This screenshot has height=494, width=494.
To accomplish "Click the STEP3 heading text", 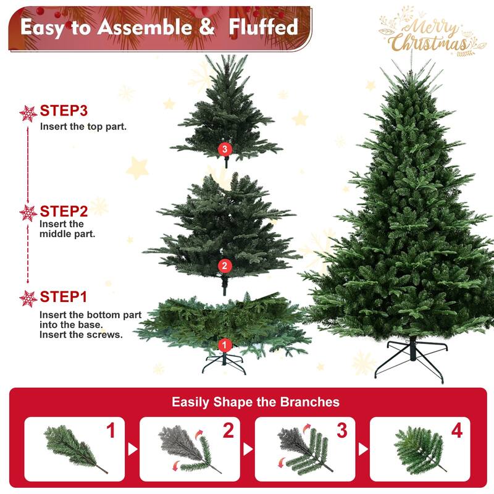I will pyautogui.click(x=64, y=111).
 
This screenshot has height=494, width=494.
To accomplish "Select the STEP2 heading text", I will pyautogui.click(x=64, y=211).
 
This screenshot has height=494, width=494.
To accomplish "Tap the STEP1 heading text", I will pyautogui.click(x=64, y=297).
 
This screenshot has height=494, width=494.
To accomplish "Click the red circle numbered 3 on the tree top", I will pyautogui.click(x=224, y=149).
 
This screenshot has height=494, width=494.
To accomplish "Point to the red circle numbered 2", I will pyautogui.click(x=224, y=266).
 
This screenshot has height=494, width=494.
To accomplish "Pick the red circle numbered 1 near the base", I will pyautogui.click(x=224, y=345).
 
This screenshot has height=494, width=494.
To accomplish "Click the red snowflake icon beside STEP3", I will pyautogui.click(x=28, y=113).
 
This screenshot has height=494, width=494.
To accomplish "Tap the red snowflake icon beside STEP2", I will pyautogui.click(x=28, y=213).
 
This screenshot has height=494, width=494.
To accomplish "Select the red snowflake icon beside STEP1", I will pyautogui.click(x=28, y=298).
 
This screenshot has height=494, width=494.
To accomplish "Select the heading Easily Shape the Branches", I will pyautogui.click(x=256, y=402).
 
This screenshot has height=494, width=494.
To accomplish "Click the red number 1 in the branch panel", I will pyautogui.click(x=111, y=431).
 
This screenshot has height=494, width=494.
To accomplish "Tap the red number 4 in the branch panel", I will pyautogui.click(x=456, y=431).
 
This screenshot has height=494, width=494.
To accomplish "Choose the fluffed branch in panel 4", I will pyautogui.click(x=420, y=449).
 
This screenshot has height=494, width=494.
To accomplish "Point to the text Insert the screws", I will pyautogui.click(x=81, y=335).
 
